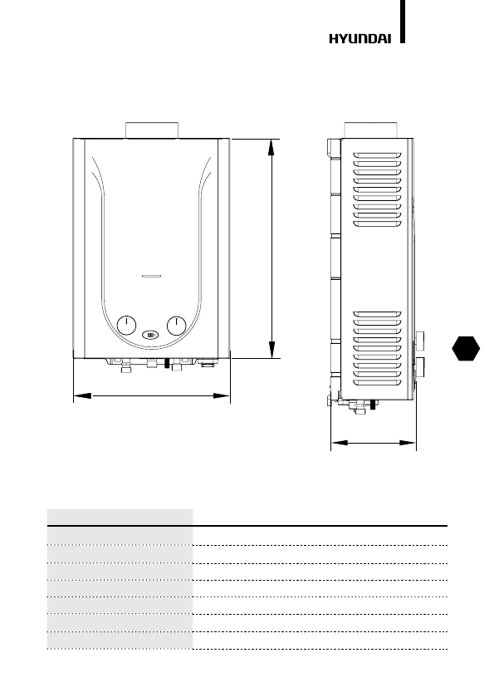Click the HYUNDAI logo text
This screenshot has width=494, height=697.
pos(359,39)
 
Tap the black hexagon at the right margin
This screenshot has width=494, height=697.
pos(466,348)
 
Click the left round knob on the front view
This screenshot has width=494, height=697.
pos(126,326)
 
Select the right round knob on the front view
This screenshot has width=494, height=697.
pos(177,326)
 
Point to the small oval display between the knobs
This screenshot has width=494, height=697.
pos(151,334)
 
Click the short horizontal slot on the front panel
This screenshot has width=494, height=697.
pos(152,276)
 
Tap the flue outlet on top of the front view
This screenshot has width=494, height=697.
pos(152,130)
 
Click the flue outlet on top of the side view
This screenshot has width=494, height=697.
pos(371,130)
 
